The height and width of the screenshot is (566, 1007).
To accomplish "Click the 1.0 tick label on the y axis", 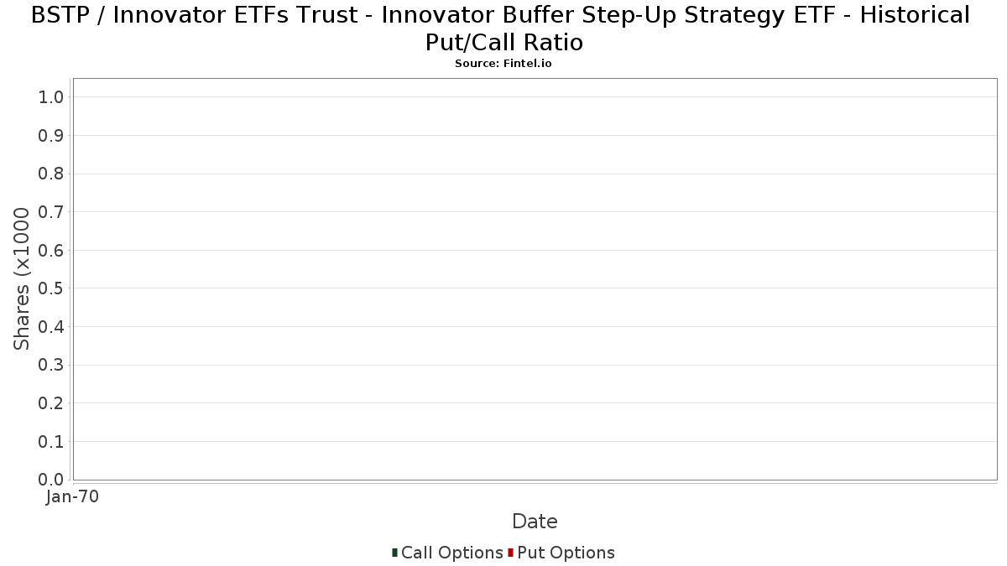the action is tap(51, 97).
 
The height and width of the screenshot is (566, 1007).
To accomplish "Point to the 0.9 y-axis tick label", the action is tap(51, 136).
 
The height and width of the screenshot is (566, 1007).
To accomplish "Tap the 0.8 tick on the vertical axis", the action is tap(51, 174).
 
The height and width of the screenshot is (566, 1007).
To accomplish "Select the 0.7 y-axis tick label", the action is tap(51, 212).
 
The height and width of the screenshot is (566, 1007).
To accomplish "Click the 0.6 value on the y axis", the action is tap(51, 250).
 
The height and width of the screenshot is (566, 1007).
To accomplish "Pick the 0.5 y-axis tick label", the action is tap(51, 288).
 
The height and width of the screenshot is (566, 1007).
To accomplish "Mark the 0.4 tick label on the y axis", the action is tap(51, 327).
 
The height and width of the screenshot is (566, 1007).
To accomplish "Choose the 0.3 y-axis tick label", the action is tap(51, 366).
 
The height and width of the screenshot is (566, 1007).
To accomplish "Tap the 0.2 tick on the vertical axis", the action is tap(51, 403).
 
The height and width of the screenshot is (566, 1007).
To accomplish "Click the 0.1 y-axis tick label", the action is tap(51, 442).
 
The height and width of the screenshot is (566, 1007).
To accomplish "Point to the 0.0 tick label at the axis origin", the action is tap(51, 480).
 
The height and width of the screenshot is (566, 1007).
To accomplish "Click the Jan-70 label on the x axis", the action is tap(72, 496).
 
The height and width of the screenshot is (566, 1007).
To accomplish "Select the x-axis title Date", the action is tap(535, 522).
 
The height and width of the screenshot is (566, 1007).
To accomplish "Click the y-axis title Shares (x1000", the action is tap(21, 279).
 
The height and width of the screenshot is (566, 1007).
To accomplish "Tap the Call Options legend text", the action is tap(452, 553).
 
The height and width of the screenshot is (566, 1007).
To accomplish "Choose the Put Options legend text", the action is tap(566, 553).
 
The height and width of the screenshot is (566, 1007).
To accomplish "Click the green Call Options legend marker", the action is tap(394, 553).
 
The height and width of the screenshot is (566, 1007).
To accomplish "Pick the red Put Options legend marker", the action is tap(511, 553).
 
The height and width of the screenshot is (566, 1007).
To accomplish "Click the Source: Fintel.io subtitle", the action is tap(503, 64).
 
